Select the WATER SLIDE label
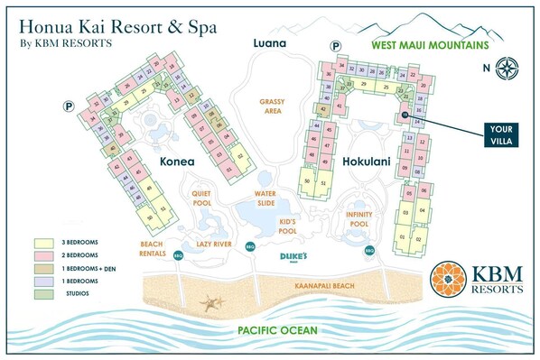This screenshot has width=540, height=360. [265, 197]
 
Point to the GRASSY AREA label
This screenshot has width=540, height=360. [271, 106]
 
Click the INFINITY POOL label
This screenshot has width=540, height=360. [358, 218]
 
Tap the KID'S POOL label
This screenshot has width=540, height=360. [287, 226]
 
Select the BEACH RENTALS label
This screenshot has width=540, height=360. [152, 248]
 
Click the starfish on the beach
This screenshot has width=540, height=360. [214, 303]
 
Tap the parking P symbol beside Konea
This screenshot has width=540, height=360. [68, 106]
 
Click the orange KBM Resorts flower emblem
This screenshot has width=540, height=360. [450, 280]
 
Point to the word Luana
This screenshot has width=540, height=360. [268, 43]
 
